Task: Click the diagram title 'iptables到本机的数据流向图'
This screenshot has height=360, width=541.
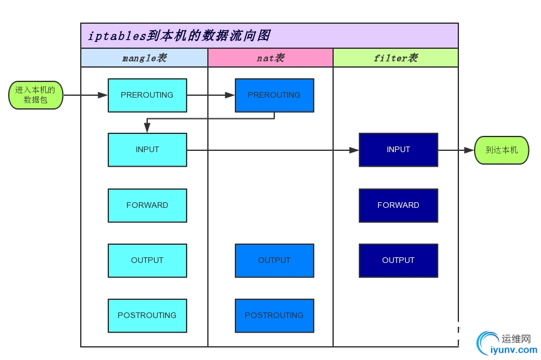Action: [179, 36]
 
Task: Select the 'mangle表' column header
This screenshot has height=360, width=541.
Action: [144, 58]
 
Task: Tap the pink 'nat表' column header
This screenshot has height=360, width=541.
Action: [270, 58]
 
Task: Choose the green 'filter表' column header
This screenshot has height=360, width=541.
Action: [395, 58]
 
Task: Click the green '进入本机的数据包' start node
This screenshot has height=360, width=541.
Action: [36, 95]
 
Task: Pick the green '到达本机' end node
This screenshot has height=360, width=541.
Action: [502, 150]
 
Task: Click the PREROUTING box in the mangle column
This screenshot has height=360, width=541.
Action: [147, 95]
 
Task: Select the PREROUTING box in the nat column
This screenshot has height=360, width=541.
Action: [274, 95]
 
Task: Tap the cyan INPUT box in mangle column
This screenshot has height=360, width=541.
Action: [147, 150]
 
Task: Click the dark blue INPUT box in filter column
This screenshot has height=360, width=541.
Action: [398, 150]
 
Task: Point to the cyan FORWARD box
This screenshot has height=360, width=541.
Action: [147, 205]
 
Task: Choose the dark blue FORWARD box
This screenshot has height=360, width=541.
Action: [398, 205]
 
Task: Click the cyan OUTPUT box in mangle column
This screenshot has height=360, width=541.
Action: [147, 260]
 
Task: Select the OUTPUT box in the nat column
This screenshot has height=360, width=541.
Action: [274, 260]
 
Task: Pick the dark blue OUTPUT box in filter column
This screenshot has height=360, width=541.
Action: [398, 260]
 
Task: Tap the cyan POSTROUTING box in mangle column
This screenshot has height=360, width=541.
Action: [147, 316]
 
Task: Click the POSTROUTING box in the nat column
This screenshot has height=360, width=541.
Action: [274, 316]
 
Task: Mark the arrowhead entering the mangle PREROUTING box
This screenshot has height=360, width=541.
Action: [103, 95]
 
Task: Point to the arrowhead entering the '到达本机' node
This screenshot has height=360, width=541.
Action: [469, 150]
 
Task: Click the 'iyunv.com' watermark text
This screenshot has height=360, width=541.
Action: [510, 351]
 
